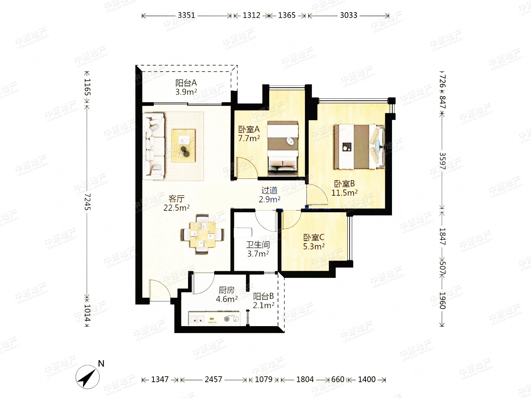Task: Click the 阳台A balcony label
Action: click(186, 83)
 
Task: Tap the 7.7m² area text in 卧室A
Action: click(249, 139)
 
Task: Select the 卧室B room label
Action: click(344, 184)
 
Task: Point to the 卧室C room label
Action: click(314, 238)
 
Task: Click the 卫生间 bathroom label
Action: click(258, 245)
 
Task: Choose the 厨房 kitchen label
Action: click(227, 290)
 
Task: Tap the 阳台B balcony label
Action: click(263, 296)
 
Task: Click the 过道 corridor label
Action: click(270, 191)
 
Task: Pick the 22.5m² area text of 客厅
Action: click(176, 208)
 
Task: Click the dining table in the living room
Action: click(202, 234)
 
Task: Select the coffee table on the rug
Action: click(183, 146)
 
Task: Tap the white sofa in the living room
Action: click(154, 147)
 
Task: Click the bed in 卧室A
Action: click(282, 148)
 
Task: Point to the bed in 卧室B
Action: click(359, 147)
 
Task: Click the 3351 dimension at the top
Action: click(186, 15)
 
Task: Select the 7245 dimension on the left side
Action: click(87, 202)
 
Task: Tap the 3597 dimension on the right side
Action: click(442, 161)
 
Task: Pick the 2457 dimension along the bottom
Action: click(214, 380)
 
